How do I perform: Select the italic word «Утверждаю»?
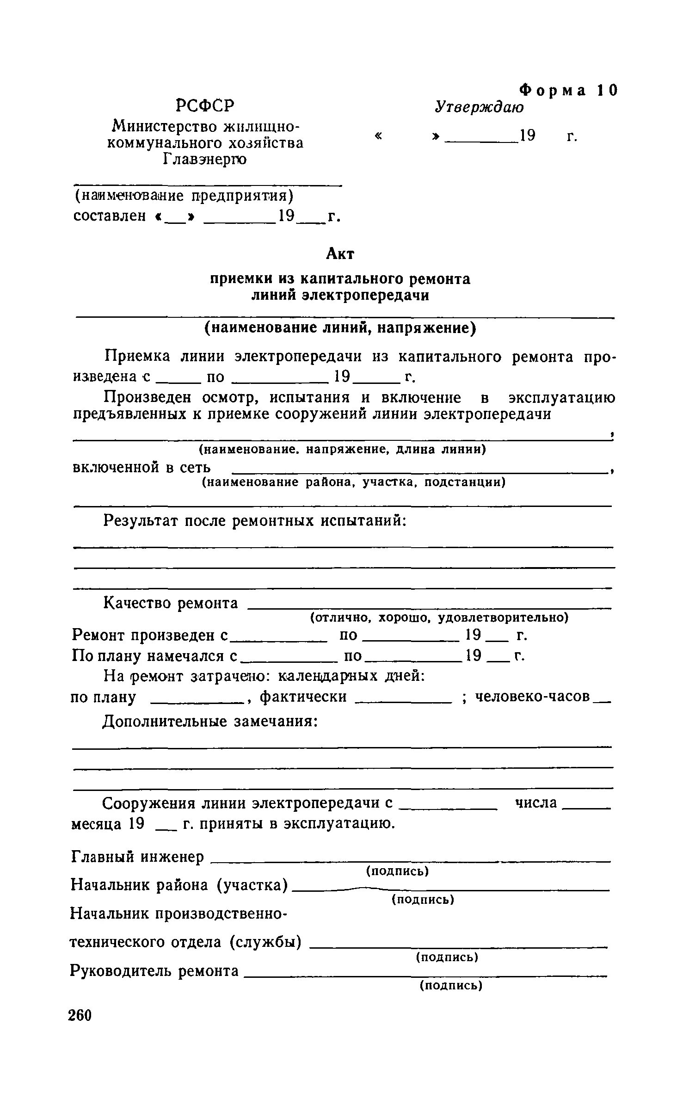point(479,107)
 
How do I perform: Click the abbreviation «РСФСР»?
point(205,105)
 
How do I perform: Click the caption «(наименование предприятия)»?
point(184,196)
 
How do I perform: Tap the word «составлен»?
point(110,216)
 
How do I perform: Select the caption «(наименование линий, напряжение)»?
point(340,328)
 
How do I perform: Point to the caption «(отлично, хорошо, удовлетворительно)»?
point(439,618)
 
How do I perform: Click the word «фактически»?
point(303,696)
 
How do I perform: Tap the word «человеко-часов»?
point(533,696)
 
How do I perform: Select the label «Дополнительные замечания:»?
point(210,722)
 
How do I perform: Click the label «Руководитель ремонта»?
point(154,970)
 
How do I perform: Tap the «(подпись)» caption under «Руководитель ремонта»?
point(451,986)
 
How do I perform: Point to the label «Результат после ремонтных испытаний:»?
point(255,521)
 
